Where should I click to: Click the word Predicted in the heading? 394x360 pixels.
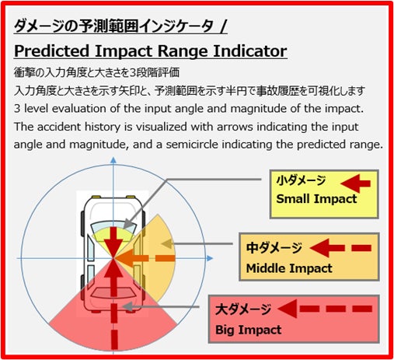click(51, 51)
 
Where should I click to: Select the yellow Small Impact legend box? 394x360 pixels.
click(324, 194)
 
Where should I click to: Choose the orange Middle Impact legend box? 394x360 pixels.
click(309, 257)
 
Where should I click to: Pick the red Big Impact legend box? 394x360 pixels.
click(294, 319)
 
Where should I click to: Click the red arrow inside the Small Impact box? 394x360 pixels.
click(356, 183)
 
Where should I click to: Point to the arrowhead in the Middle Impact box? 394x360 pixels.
click(319, 248)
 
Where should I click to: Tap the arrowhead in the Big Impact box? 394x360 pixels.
click(288, 309)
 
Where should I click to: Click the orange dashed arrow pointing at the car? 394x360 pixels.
click(145, 258)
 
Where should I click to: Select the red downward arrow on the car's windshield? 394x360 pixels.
click(113, 242)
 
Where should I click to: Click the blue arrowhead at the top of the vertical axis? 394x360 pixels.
click(113, 160)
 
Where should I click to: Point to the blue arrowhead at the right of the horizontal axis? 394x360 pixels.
click(210, 258)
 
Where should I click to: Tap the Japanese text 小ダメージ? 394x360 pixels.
click(301, 180)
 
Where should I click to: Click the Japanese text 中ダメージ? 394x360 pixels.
click(274, 248)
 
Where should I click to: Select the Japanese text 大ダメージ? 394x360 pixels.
click(243, 309)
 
